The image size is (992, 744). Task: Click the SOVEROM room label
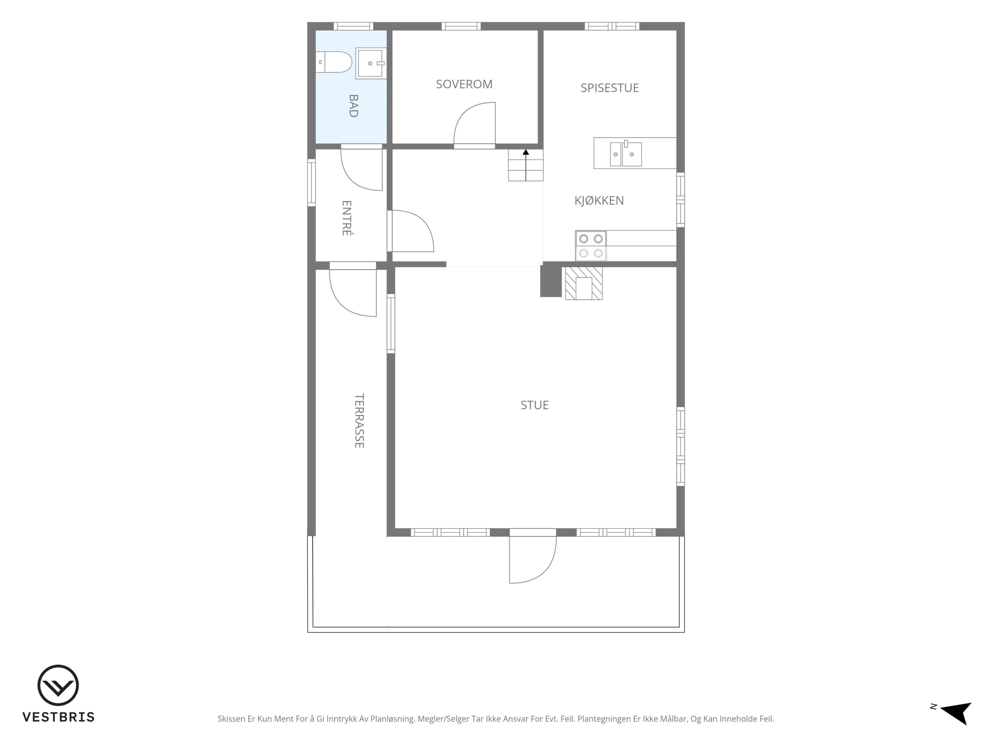click(x=464, y=84)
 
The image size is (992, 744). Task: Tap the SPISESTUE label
click(x=610, y=88)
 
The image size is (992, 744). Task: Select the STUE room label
click(x=535, y=405)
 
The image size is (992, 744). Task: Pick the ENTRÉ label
click(x=346, y=218)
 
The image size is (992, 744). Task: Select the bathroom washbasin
click(x=371, y=63)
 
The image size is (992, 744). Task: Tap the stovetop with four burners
click(x=591, y=246)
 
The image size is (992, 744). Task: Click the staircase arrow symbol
click(x=526, y=165)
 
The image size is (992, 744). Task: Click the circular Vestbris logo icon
click(x=58, y=685)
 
